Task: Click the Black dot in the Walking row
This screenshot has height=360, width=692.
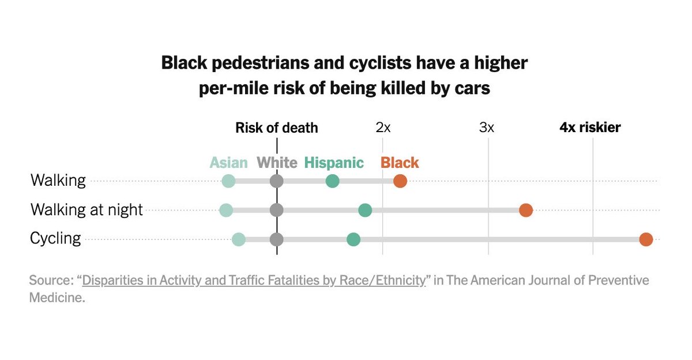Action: pyautogui.click(x=400, y=181)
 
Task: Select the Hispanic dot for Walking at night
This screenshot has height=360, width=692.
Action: pyautogui.click(x=365, y=210)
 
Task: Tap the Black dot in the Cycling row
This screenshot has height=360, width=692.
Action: pyautogui.click(x=646, y=239)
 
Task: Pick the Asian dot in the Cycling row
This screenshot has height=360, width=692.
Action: pyautogui.click(x=238, y=239)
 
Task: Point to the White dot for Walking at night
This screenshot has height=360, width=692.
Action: pyautogui.click(x=277, y=210)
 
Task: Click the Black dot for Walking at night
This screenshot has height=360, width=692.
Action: pyautogui.click(x=525, y=210)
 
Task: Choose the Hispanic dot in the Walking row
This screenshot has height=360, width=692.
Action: pyautogui.click(x=332, y=181)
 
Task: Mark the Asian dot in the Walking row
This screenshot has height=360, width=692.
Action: pyautogui.click(x=229, y=181)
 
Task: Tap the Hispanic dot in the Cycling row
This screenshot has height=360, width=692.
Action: pyautogui.click(x=353, y=239)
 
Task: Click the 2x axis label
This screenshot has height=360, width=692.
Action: pyautogui.click(x=383, y=128)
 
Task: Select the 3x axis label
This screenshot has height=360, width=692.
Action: pyautogui.click(x=487, y=128)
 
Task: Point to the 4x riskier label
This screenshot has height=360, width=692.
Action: pyautogui.click(x=590, y=128)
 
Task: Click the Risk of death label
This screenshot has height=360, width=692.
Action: pyautogui.click(x=276, y=128)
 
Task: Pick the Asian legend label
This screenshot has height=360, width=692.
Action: pyautogui.click(x=228, y=163)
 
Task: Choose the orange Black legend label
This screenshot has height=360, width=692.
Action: pyautogui.click(x=400, y=163)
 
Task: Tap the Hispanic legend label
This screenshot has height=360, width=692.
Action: pyautogui.click(x=334, y=163)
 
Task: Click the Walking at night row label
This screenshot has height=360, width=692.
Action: pyautogui.click(x=86, y=210)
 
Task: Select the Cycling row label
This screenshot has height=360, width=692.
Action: pyautogui.click(x=55, y=238)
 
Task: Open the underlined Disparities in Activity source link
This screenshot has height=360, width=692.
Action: pyautogui.click(x=254, y=281)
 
